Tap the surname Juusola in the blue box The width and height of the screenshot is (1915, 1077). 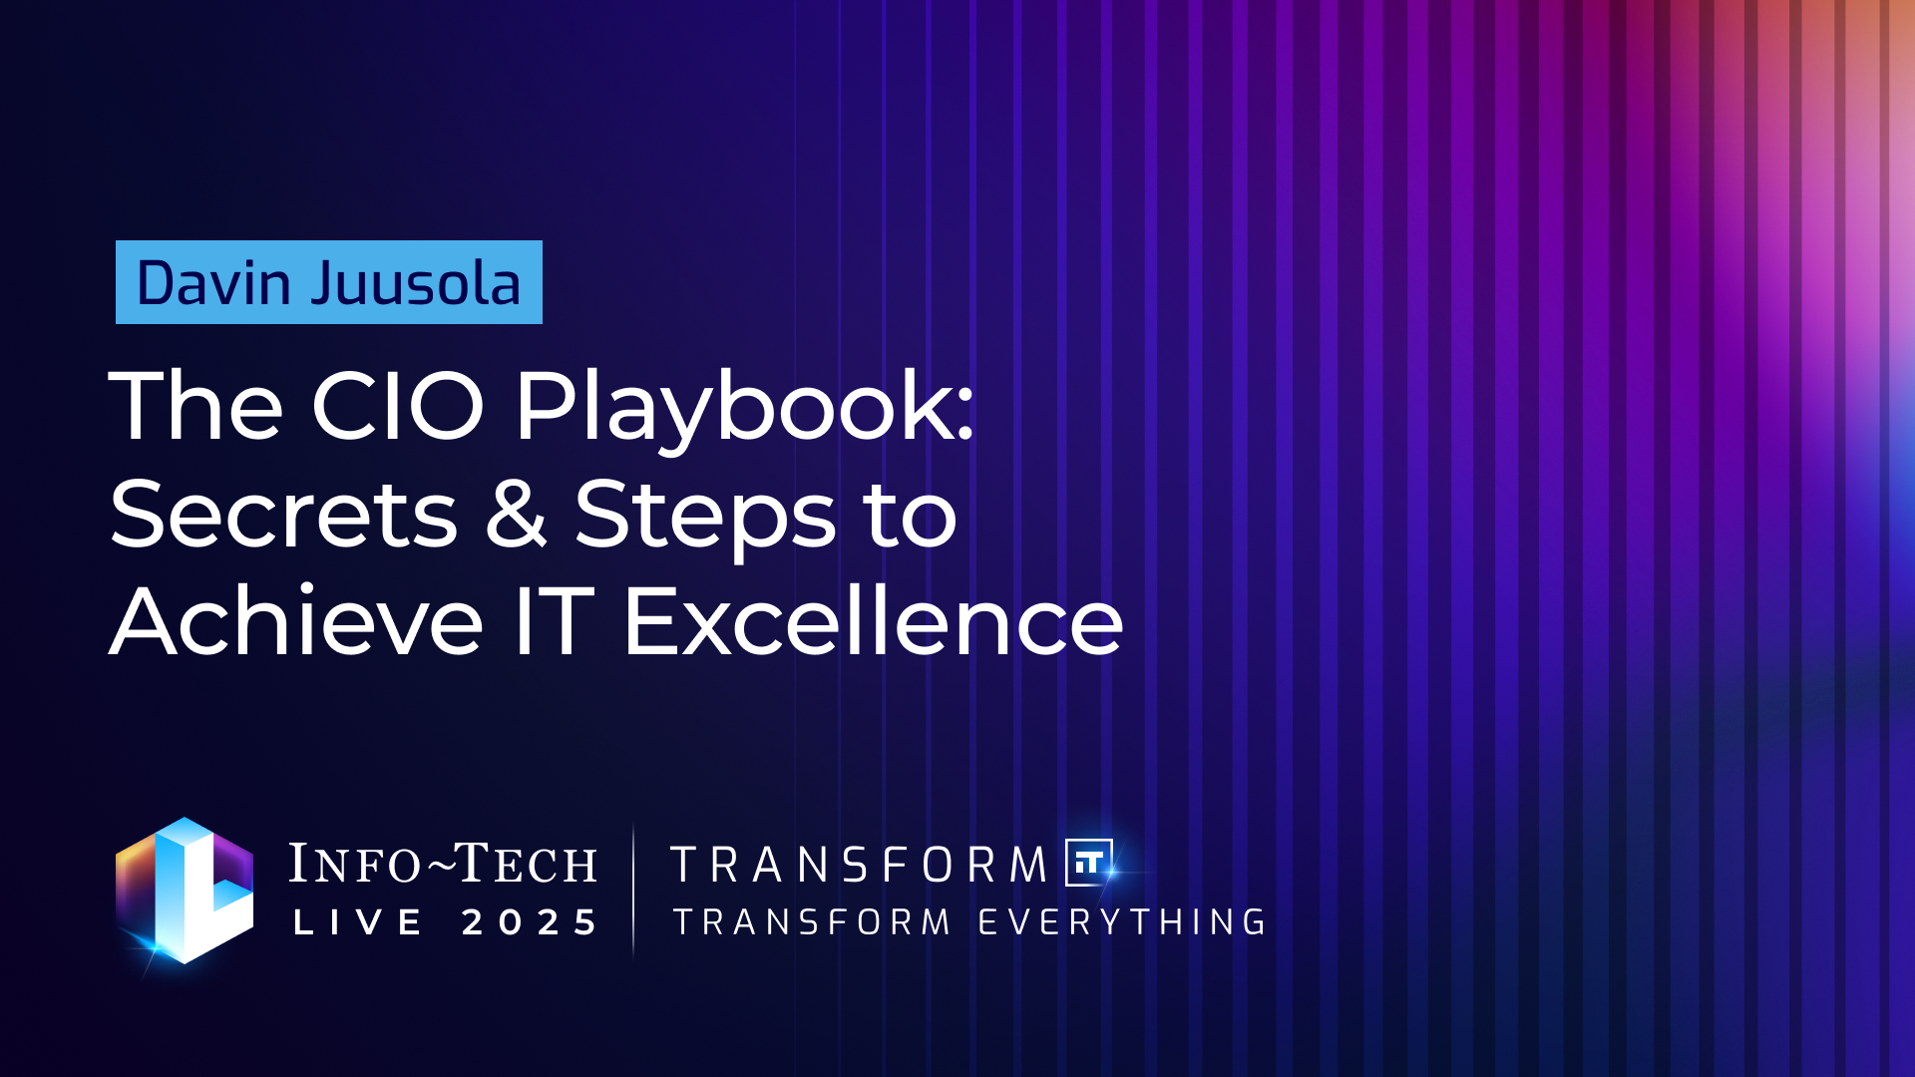[x=416, y=283]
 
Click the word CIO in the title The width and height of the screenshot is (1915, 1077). [x=398, y=406]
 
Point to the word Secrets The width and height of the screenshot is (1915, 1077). [x=283, y=515]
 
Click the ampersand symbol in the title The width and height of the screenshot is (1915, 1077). [x=516, y=515]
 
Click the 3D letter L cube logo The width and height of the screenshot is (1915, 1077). [x=185, y=891]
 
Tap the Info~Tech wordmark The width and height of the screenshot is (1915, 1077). [x=443, y=864]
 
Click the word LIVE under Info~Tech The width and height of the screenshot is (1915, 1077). [x=358, y=922]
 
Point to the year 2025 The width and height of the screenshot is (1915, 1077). [x=530, y=922]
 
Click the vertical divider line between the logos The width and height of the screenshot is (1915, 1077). [x=633, y=891]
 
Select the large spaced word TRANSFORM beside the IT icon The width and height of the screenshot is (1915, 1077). [x=859, y=865]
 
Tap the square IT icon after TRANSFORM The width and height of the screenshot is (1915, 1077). [x=1089, y=863]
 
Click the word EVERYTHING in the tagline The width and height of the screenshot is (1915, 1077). [x=1122, y=922]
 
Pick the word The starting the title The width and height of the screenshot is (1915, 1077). [x=196, y=406]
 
